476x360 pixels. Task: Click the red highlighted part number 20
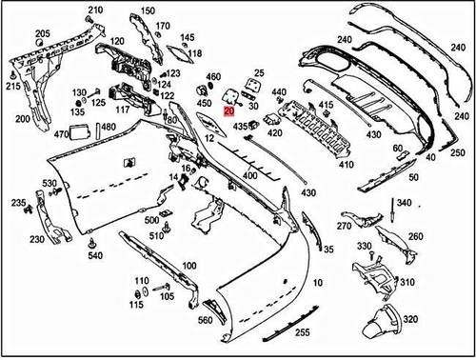[228, 110]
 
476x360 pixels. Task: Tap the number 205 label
[43, 33]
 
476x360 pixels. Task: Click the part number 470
[62, 135]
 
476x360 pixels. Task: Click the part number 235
[17, 203]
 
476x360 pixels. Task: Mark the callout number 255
[302, 333]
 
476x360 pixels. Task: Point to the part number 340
[404, 203]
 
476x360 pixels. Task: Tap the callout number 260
[415, 236]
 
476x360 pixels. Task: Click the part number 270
[344, 227]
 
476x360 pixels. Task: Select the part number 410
[347, 164]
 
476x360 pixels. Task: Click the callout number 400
[250, 176]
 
